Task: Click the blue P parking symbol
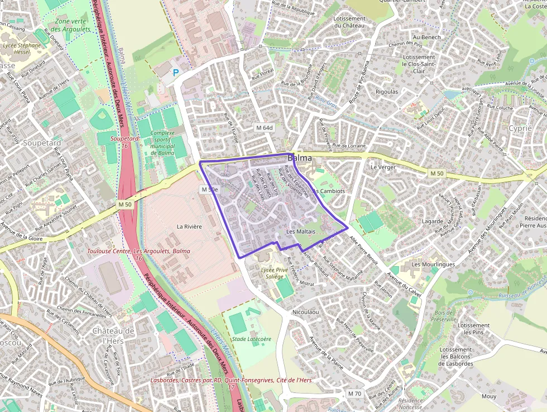176,72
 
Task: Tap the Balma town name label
300,158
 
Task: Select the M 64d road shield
264,127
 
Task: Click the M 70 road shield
354,394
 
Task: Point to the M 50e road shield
209,190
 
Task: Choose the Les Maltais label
301,231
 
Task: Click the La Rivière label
189,226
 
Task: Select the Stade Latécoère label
251,339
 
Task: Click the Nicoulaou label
305,311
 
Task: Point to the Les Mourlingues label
433,264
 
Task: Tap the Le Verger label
383,167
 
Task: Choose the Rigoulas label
387,92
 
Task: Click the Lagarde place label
433,221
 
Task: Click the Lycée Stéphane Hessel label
22,49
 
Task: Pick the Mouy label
489,396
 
